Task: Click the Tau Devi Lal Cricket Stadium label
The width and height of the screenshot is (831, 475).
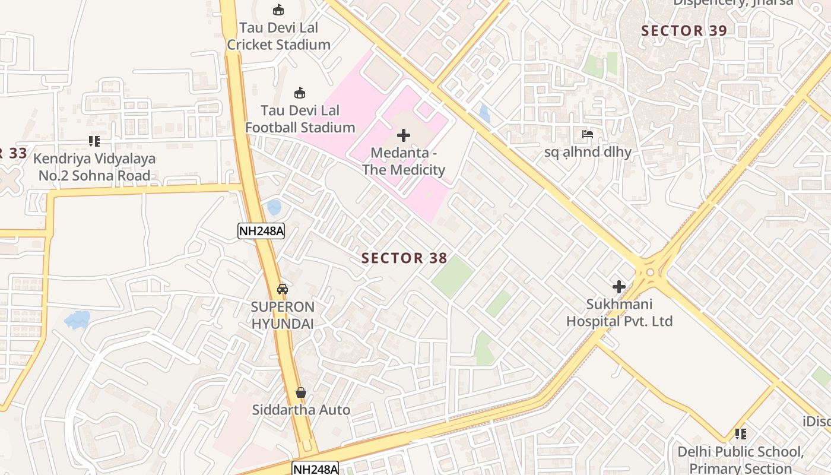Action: click(278, 36)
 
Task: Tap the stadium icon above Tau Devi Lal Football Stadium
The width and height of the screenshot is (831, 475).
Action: click(300, 93)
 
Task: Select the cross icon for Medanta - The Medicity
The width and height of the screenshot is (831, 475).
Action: click(404, 135)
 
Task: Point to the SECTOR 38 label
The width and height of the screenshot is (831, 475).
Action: click(404, 258)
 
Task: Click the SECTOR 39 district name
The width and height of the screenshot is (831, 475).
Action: click(684, 31)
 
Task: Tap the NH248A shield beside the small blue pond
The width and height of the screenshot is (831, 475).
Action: click(261, 231)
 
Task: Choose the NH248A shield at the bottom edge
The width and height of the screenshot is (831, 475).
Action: click(315, 468)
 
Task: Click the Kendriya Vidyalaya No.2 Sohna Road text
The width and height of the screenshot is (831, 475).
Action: click(94, 167)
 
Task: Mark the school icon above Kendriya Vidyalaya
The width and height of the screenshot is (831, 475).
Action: click(94, 141)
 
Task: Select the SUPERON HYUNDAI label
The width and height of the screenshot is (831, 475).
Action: click(283, 315)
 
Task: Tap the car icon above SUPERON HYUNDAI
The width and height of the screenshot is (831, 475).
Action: click(283, 289)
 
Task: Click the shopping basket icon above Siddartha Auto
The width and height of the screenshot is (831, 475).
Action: click(301, 392)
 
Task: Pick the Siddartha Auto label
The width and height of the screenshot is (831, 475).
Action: click(301, 410)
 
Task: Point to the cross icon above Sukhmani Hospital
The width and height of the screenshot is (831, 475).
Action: click(619, 287)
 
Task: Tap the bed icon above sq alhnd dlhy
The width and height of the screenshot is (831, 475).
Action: click(588, 134)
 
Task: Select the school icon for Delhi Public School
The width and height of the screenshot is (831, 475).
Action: click(740, 434)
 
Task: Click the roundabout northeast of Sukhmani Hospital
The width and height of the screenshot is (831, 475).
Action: click(651, 272)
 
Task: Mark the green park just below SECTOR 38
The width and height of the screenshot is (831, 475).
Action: click(452, 277)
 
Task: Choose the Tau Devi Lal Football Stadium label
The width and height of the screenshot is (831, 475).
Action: click(300, 119)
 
